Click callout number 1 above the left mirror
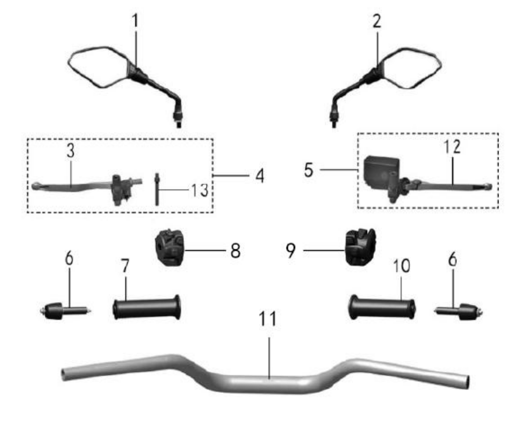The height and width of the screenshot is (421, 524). [135, 21]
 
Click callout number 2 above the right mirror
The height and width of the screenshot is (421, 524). [377, 21]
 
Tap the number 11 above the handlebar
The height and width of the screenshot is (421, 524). [268, 319]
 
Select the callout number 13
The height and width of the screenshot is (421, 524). [200, 190]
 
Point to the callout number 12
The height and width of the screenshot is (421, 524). [452, 147]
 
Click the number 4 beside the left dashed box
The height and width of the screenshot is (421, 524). [260, 176]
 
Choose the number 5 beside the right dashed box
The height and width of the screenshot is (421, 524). [308, 170]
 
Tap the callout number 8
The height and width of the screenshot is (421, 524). [235, 250]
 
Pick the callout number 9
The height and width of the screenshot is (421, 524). [291, 250]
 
